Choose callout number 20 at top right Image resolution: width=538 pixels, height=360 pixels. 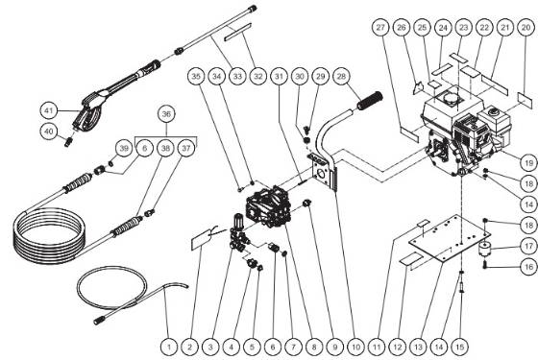(525, 30)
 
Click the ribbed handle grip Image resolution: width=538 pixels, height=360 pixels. (371, 99)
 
